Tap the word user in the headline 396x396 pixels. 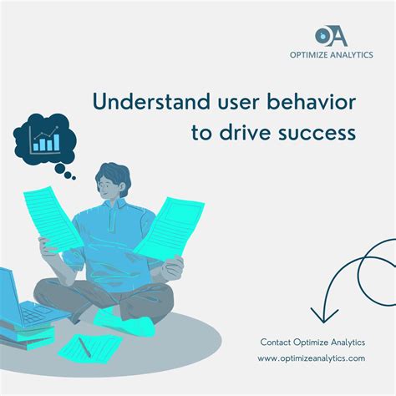pyautogui.click(x=220, y=103)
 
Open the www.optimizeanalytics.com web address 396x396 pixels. pyautogui.click(x=311, y=358)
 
